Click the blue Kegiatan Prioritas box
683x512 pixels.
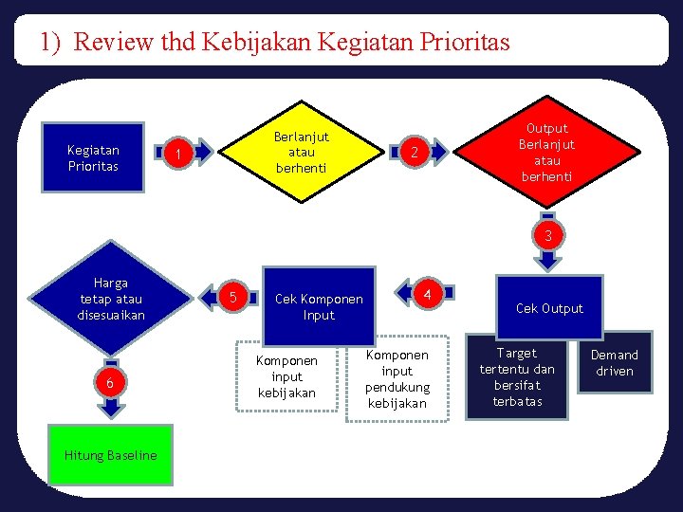point(93,157)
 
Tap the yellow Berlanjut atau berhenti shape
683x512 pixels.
point(301,152)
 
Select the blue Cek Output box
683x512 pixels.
point(548,307)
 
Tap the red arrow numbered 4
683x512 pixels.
point(426,295)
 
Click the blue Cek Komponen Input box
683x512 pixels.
point(318,306)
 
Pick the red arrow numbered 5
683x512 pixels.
point(229,299)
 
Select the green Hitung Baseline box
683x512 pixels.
point(111,455)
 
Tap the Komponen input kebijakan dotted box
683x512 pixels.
point(286,377)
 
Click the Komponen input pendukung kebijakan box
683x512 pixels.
point(397,378)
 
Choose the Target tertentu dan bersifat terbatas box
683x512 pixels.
point(517,377)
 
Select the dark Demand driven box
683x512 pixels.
point(615,362)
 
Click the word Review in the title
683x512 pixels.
point(105,42)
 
